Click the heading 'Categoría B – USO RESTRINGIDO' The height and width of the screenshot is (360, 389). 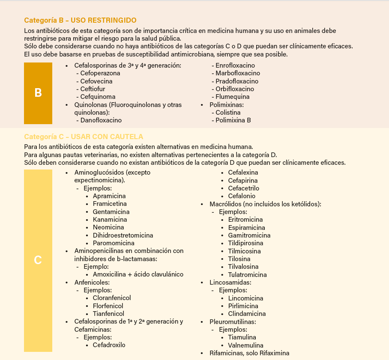80,20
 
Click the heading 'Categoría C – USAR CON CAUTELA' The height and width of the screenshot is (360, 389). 84,137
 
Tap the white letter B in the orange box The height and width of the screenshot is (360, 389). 38,93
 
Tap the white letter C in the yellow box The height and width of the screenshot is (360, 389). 38,260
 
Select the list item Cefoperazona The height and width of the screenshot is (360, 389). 100,73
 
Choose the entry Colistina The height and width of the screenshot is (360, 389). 228,113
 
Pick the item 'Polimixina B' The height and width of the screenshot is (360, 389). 233,120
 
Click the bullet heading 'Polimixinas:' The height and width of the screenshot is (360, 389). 226,104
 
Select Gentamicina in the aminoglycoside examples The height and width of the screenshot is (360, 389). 111,212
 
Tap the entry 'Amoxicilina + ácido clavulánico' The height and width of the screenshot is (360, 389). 138,274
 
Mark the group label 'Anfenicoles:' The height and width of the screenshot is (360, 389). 92,283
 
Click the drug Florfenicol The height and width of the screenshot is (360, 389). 108,306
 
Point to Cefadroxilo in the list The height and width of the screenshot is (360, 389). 109,345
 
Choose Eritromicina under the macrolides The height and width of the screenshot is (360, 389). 245,220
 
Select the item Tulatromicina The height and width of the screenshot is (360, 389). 247,275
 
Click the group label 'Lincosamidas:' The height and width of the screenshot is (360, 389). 230,283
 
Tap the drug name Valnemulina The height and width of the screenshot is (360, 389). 245,345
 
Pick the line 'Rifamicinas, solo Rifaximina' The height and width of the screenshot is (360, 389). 249,353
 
